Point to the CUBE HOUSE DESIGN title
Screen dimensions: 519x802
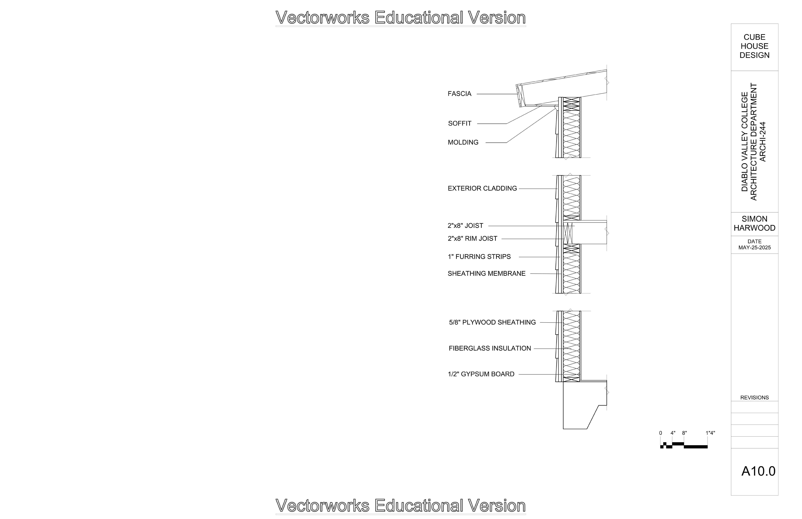755,46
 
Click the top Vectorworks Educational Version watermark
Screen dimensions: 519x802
401,17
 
